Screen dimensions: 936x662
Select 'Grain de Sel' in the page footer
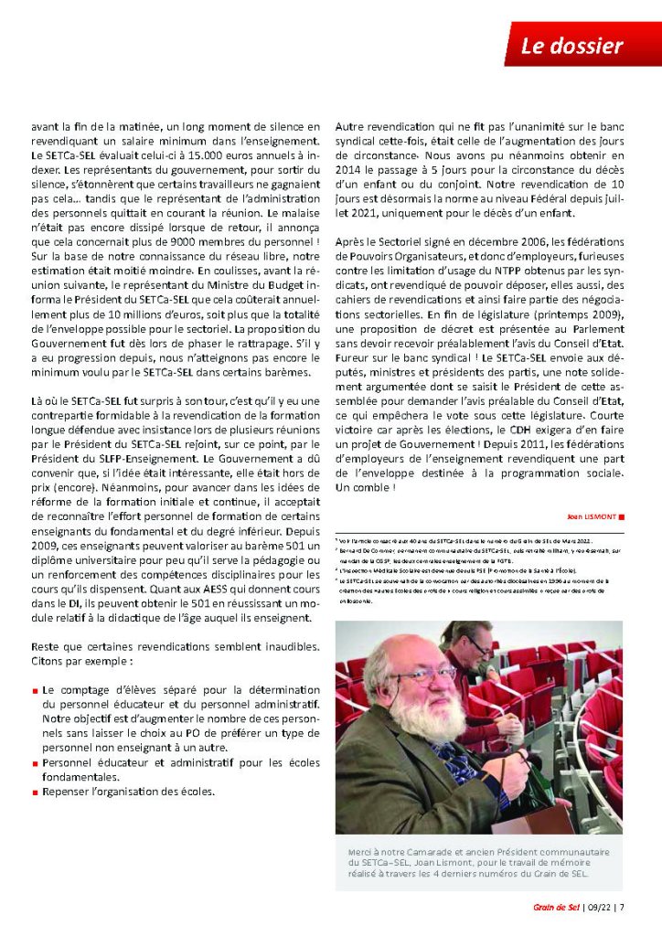(x=555, y=907)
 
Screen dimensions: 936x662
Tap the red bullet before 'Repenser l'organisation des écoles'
(x=35, y=791)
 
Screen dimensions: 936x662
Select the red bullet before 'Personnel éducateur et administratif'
(x=35, y=761)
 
